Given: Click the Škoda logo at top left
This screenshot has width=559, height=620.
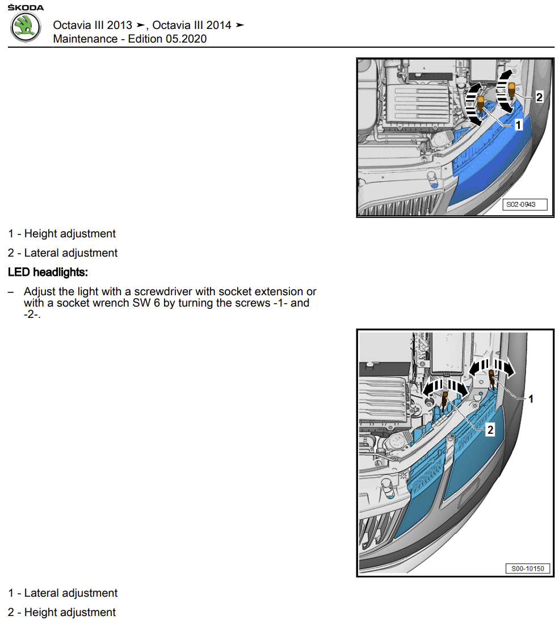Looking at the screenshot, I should pyautogui.click(x=26, y=27).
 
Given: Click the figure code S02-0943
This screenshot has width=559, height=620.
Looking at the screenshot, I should pyautogui.click(x=524, y=204).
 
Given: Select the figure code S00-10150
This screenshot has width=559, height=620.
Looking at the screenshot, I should pyautogui.click(x=527, y=568).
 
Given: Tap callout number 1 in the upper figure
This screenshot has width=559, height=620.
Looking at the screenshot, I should pyautogui.click(x=518, y=124).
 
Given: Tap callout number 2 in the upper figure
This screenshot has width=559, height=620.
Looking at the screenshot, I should pyautogui.click(x=539, y=97).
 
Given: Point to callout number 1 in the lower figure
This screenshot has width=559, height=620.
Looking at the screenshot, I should pyautogui.click(x=531, y=399).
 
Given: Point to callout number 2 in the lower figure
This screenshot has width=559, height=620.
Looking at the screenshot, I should pyautogui.click(x=490, y=430).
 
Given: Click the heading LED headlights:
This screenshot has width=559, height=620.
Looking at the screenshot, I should pyautogui.click(x=48, y=272).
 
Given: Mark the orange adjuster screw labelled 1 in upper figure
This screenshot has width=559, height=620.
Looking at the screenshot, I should pyautogui.click(x=481, y=103).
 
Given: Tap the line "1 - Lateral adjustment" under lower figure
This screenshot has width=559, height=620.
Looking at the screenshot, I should pyautogui.click(x=63, y=593).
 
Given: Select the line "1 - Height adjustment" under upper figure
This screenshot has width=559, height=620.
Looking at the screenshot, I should pyautogui.click(x=62, y=233).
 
